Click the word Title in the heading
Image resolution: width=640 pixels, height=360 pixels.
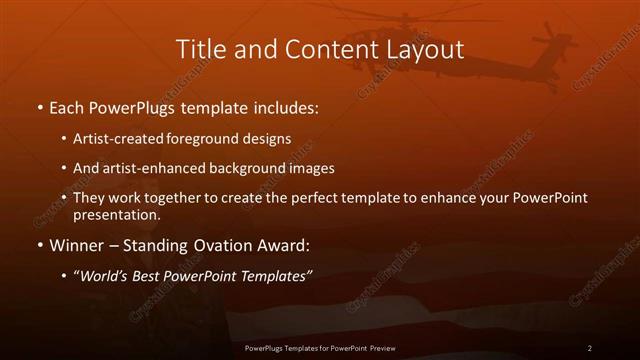coord(199,49)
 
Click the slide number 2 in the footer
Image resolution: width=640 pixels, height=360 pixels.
coord(590,348)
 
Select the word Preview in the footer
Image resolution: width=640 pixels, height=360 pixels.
coord(379,348)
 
